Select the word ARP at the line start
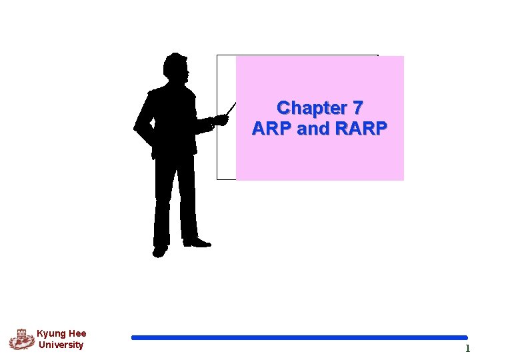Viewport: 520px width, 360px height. click(272, 129)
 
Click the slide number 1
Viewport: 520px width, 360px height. click(467, 349)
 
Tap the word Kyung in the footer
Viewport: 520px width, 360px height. click(51, 333)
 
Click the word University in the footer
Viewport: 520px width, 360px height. click(61, 345)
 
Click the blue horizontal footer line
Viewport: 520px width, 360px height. click(299, 337)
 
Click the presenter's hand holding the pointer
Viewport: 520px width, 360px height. click(219, 121)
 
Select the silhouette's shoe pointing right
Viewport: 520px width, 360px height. click(197, 243)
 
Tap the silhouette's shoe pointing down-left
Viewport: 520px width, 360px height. click(160, 251)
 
